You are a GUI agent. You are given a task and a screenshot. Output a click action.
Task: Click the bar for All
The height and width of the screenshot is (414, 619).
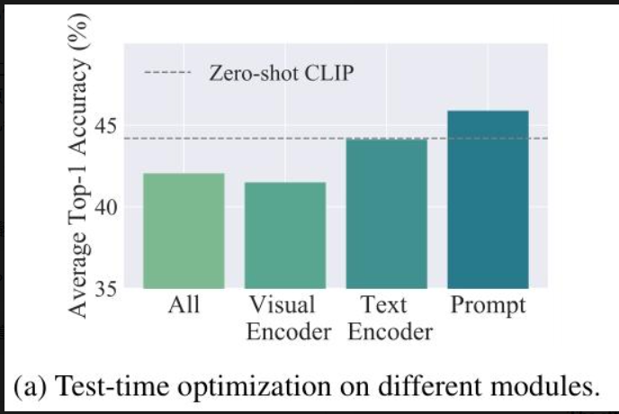[x=184, y=230]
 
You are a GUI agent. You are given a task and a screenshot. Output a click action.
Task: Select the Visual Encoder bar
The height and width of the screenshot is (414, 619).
[x=285, y=236]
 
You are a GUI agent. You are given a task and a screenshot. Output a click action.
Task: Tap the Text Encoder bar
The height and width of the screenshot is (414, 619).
[x=387, y=213]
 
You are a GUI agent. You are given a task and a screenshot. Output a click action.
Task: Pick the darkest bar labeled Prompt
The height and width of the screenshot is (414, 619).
[x=488, y=200]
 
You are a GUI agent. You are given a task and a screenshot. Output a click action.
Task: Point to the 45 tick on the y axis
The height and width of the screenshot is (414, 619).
[x=106, y=126]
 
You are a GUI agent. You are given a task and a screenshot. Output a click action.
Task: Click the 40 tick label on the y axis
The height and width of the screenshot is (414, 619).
[x=106, y=207]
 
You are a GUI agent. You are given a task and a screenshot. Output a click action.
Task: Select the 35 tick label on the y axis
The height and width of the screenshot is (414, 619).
[x=106, y=289]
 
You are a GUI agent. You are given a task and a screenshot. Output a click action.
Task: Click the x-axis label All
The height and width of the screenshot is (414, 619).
[x=184, y=305]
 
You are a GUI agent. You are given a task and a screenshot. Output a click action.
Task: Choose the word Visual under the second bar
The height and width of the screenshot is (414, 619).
[x=283, y=305]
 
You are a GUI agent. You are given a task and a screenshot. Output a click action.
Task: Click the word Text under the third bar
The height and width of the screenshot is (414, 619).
[x=383, y=305]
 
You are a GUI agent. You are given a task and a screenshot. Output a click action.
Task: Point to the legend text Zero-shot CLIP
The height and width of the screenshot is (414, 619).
[x=282, y=73]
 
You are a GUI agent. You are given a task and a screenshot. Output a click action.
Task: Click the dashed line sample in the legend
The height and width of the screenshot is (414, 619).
[x=167, y=72]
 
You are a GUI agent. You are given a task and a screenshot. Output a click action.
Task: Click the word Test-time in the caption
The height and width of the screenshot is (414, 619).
[x=113, y=385]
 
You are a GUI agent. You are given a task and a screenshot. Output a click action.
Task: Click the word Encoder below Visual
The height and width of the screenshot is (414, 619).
[x=289, y=332]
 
